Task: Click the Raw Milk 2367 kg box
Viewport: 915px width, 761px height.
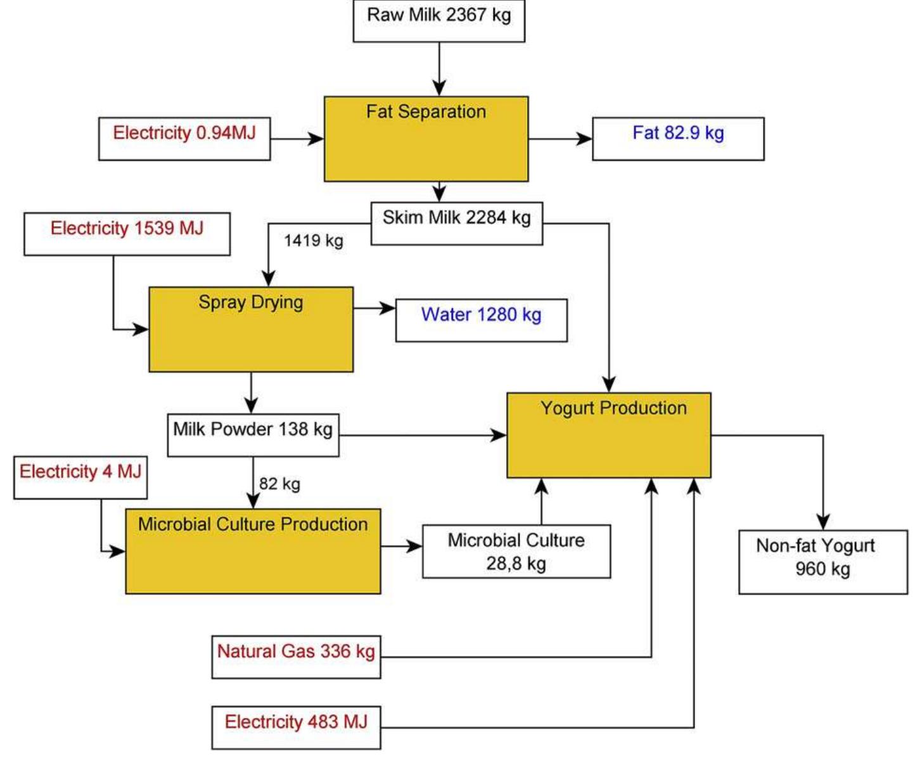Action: click(438, 20)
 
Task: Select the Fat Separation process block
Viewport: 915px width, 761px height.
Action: click(426, 139)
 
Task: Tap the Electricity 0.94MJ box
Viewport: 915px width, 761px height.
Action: click(184, 138)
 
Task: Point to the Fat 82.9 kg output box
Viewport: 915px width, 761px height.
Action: click(678, 138)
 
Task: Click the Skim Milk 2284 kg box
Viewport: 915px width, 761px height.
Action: click(456, 223)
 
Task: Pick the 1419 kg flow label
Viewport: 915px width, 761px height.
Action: click(314, 241)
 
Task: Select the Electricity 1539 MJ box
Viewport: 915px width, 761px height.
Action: click(127, 234)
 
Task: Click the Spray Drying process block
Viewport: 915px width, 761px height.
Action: click(251, 329)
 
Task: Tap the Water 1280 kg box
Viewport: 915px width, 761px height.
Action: click(481, 320)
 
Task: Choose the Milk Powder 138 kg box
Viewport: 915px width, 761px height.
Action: click(253, 434)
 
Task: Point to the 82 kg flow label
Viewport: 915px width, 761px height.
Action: click(279, 484)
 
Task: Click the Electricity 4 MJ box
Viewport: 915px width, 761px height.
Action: click(80, 477)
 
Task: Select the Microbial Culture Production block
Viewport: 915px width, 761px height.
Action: click(253, 551)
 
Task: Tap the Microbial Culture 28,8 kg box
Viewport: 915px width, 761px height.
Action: click(516, 551)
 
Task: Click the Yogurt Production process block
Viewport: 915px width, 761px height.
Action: click(608, 435)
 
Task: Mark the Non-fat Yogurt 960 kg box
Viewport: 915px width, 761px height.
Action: click(822, 562)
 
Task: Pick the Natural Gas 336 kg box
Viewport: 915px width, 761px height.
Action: click(296, 657)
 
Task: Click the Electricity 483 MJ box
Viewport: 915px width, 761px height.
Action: click(296, 727)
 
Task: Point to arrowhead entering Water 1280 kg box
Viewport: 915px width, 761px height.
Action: click(388, 308)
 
